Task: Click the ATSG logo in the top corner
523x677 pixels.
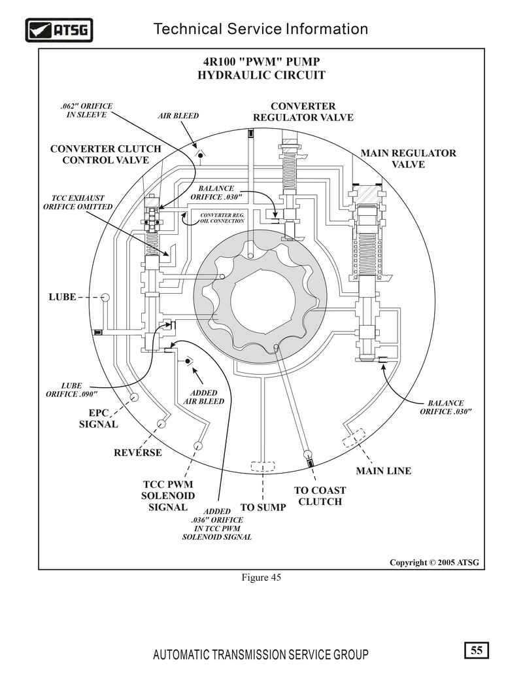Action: click(59, 30)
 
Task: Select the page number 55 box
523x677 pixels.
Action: click(477, 650)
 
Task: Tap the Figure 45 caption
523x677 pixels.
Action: click(261, 578)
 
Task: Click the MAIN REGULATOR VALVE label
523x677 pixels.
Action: click(408, 158)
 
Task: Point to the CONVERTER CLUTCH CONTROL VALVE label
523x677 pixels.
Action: click(106, 154)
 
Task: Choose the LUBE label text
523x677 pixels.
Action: click(63, 297)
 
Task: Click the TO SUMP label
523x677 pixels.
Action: click(263, 508)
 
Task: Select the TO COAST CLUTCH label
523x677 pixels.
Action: click(320, 496)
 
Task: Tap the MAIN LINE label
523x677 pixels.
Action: click(384, 470)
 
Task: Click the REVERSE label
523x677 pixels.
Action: click(138, 453)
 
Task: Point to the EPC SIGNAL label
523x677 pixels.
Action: click(98, 419)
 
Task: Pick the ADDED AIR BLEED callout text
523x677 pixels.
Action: click(204, 397)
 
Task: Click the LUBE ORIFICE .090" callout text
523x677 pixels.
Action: click(72, 390)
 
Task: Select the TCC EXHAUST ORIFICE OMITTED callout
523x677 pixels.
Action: click(78, 202)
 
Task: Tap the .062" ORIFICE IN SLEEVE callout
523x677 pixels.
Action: click(86, 110)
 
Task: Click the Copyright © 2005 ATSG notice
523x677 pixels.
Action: click(434, 563)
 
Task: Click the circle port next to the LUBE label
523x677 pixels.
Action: click(105, 297)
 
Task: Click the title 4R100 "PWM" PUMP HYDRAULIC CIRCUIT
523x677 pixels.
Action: click(261, 68)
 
